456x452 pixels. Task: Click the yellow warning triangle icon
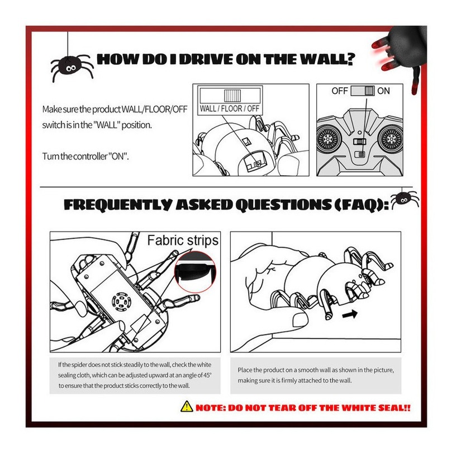(187, 407)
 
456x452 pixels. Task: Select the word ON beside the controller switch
(383, 91)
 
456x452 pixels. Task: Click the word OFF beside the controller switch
(340, 91)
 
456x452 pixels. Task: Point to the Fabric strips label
(183, 241)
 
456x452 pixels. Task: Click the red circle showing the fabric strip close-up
(195, 272)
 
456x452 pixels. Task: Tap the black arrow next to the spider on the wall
(350, 314)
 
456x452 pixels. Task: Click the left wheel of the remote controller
(328, 139)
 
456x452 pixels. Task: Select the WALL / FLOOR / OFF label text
(230, 109)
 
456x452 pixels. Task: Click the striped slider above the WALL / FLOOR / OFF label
(232, 96)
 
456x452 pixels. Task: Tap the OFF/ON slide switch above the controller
(363, 91)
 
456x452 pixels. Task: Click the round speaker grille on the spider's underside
(122, 301)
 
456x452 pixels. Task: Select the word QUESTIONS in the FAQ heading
(283, 205)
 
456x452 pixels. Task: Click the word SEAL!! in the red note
(395, 407)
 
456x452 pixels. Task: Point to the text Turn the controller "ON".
(85, 156)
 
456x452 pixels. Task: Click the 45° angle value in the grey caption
(207, 375)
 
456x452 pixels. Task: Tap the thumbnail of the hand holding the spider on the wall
(316, 292)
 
